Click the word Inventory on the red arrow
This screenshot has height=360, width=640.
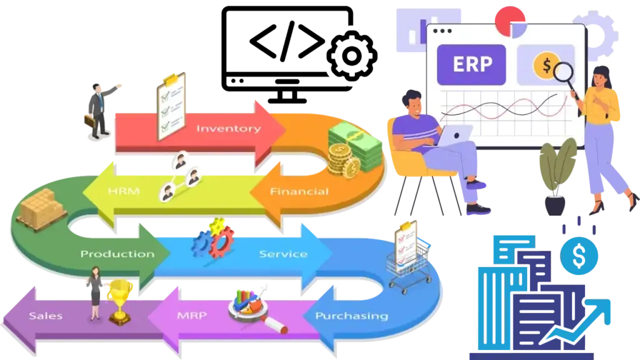228,129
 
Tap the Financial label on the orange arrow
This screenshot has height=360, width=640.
299,191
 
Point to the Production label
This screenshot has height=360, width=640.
117,254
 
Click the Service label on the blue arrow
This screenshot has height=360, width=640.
282,254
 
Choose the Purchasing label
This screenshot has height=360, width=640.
351,316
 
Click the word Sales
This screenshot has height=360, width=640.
46,316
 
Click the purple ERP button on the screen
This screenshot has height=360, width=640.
472,64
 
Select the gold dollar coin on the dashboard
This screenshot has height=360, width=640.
546,64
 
